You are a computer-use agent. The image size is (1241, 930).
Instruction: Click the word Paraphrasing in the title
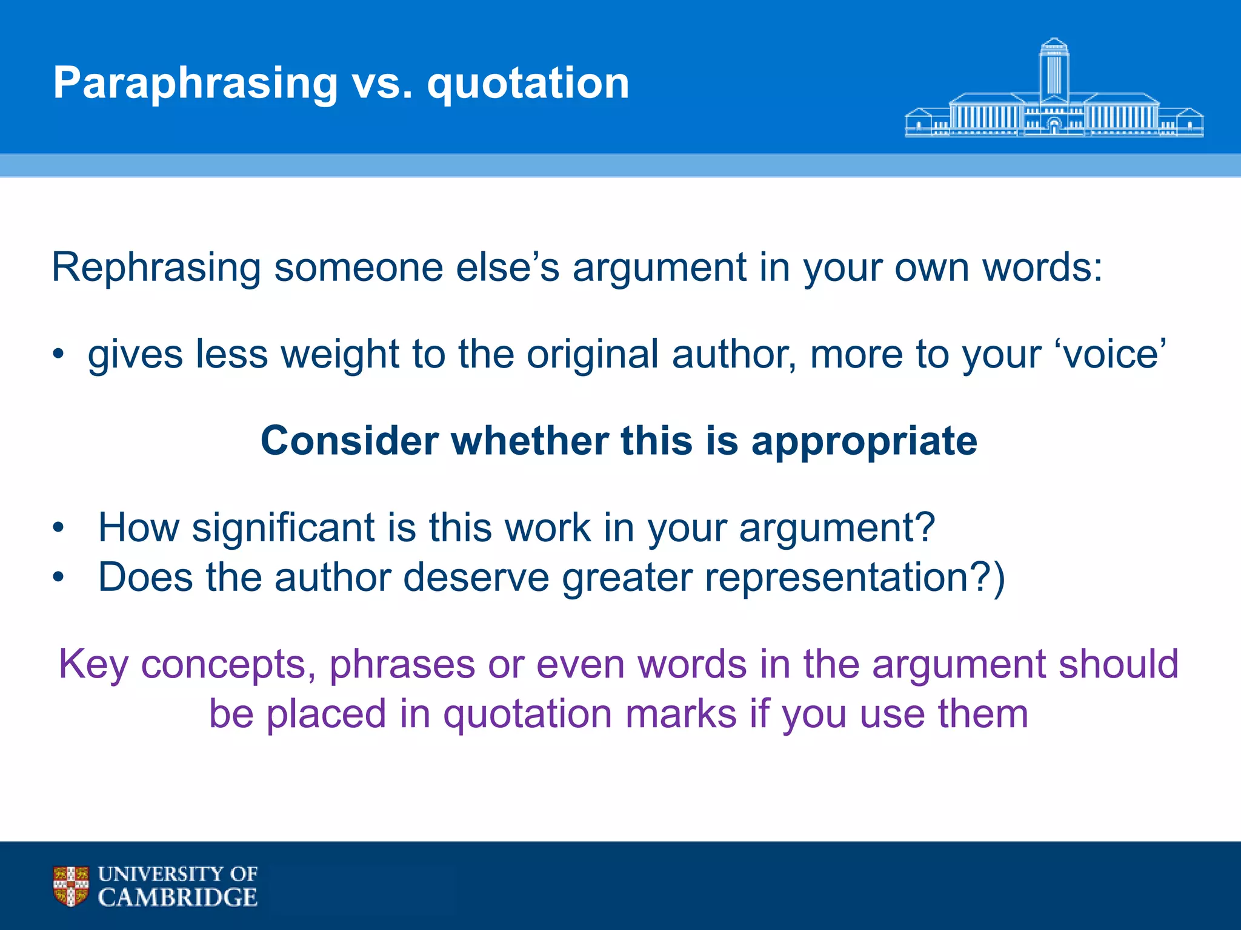pos(195,83)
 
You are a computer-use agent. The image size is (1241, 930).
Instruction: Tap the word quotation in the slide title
pos(528,83)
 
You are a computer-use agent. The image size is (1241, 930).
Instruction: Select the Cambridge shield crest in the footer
pos(71,886)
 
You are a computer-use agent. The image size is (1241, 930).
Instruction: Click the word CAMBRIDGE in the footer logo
pos(178,897)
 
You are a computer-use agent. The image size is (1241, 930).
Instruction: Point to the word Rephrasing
pos(156,268)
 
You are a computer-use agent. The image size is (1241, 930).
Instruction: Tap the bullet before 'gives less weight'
pos(58,354)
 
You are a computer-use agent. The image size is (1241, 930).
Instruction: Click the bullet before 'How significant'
pos(58,527)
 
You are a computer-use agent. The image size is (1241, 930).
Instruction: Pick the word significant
pos(283,527)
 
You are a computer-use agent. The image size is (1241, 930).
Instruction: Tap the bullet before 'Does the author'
pos(58,577)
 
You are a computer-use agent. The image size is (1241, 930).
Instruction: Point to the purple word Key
pos(93,665)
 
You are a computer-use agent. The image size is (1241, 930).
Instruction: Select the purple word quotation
pos(527,714)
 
